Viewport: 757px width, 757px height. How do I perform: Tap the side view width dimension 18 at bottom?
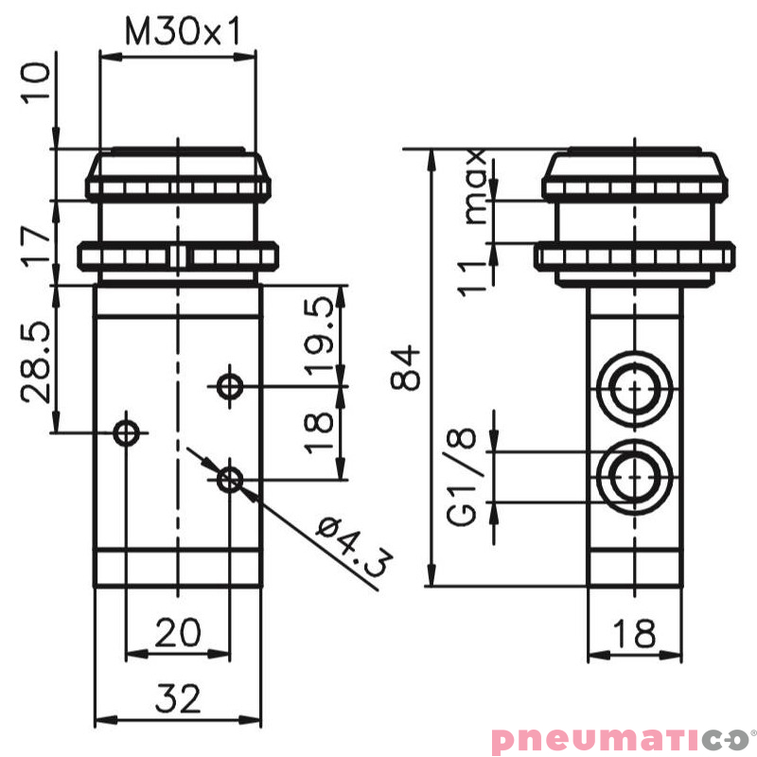tap(633, 633)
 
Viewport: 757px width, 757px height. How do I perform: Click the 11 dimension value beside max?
tap(473, 274)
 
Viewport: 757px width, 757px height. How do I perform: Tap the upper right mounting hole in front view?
tap(228, 385)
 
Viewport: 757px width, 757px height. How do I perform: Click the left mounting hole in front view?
tap(127, 432)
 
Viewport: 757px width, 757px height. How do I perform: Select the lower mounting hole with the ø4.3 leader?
tap(228, 479)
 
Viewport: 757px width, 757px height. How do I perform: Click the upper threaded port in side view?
tap(633, 385)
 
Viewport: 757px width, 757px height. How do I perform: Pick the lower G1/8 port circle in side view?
tap(633, 478)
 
